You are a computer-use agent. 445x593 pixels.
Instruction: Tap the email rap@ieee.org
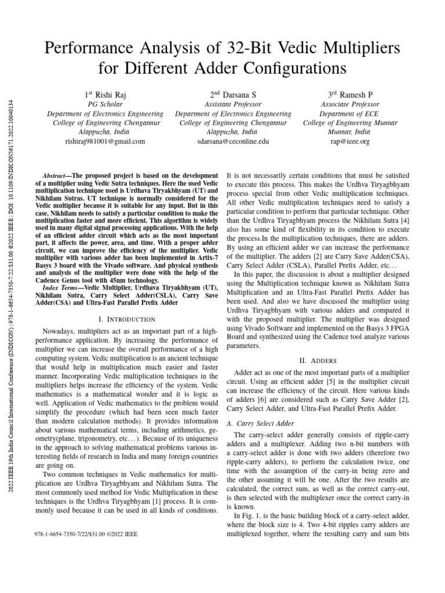pyautogui.click(x=349, y=141)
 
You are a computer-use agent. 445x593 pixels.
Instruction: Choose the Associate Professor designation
pyautogui.click(x=349, y=104)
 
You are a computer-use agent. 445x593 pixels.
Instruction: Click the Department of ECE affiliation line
pyautogui.click(x=349, y=114)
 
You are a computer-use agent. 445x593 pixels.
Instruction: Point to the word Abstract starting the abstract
pyautogui.click(x=57, y=175)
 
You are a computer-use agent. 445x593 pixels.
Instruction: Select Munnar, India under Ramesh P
pyautogui.click(x=349, y=132)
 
